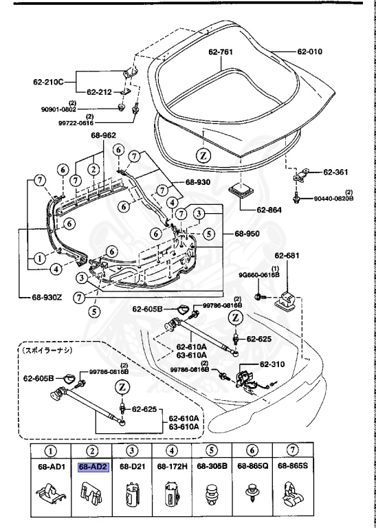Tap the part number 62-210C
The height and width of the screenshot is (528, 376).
click(x=47, y=82)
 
